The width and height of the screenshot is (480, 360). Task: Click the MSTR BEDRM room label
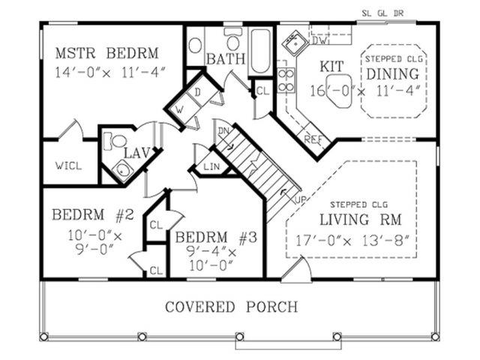point(106,53)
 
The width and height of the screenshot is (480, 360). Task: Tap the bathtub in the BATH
point(260,51)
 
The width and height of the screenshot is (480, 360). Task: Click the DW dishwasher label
point(320,40)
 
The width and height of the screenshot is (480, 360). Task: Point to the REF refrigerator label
point(313,139)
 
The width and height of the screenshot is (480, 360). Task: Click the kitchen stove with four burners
point(286,80)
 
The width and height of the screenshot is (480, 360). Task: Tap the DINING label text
point(393,74)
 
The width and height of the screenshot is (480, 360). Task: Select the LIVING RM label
point(361,220)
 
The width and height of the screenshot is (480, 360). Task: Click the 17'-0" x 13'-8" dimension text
point(352,241)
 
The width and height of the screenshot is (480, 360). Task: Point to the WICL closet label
point(68,166)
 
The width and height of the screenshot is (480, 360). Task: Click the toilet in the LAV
point(115,141)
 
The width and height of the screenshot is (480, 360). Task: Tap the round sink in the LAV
point(122,170)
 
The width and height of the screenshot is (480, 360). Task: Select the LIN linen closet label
point(211,166)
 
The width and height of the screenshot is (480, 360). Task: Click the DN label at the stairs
point(223,131)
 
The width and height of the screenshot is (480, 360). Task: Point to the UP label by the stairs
point(301,199)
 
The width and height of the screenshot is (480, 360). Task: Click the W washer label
point(179,109)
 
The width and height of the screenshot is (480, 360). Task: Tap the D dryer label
point(198,92)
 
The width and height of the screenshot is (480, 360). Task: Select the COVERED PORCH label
point(232,307)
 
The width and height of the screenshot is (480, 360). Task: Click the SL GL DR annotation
point(382,13)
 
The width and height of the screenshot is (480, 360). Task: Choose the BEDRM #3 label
point(216,238)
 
